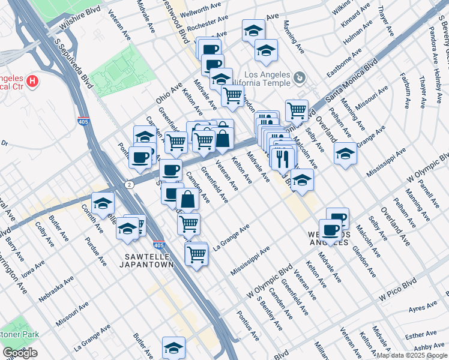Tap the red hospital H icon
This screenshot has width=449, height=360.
point(32,80)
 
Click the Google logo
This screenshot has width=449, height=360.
point(20,353)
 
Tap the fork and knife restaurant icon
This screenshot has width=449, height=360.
point(282,158)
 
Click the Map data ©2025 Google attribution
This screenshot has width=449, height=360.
point(412,355)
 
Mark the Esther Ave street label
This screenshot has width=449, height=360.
point(421,334)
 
